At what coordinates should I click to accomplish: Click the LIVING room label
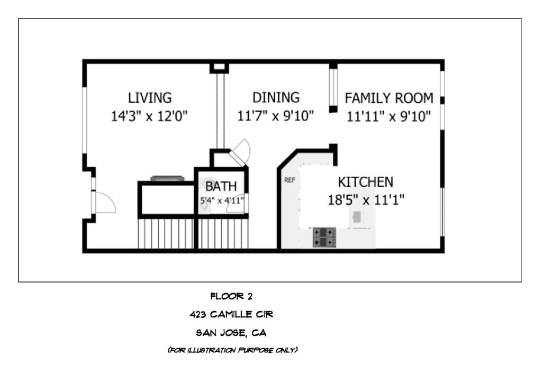[150, 98]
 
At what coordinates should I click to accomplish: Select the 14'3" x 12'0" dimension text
[149, 116]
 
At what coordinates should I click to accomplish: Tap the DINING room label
[276, 97]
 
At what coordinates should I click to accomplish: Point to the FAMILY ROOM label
[389, 98]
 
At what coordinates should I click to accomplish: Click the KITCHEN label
[365, 182]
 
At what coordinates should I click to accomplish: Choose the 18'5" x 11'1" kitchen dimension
[366, 199]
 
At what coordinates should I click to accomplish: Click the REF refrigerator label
[290, 180]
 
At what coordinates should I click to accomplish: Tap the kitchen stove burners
[324, 237]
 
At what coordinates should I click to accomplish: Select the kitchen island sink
[357, 217]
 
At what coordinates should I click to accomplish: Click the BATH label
[221, 187]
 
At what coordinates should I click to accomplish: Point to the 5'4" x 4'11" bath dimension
[222, 200]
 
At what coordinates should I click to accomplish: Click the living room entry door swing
[105, 203]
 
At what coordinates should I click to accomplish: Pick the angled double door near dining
[240, 152]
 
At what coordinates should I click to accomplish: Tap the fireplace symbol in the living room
[167, 178]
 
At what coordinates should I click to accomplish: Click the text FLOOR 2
[231, 296]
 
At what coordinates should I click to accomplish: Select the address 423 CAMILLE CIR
[231, 314]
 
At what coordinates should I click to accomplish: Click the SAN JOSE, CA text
[231, 333]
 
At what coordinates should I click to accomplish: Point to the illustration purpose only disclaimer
[233, 350]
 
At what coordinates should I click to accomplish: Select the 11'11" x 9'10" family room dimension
[389, 116]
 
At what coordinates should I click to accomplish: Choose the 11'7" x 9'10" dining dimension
[275, 116]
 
